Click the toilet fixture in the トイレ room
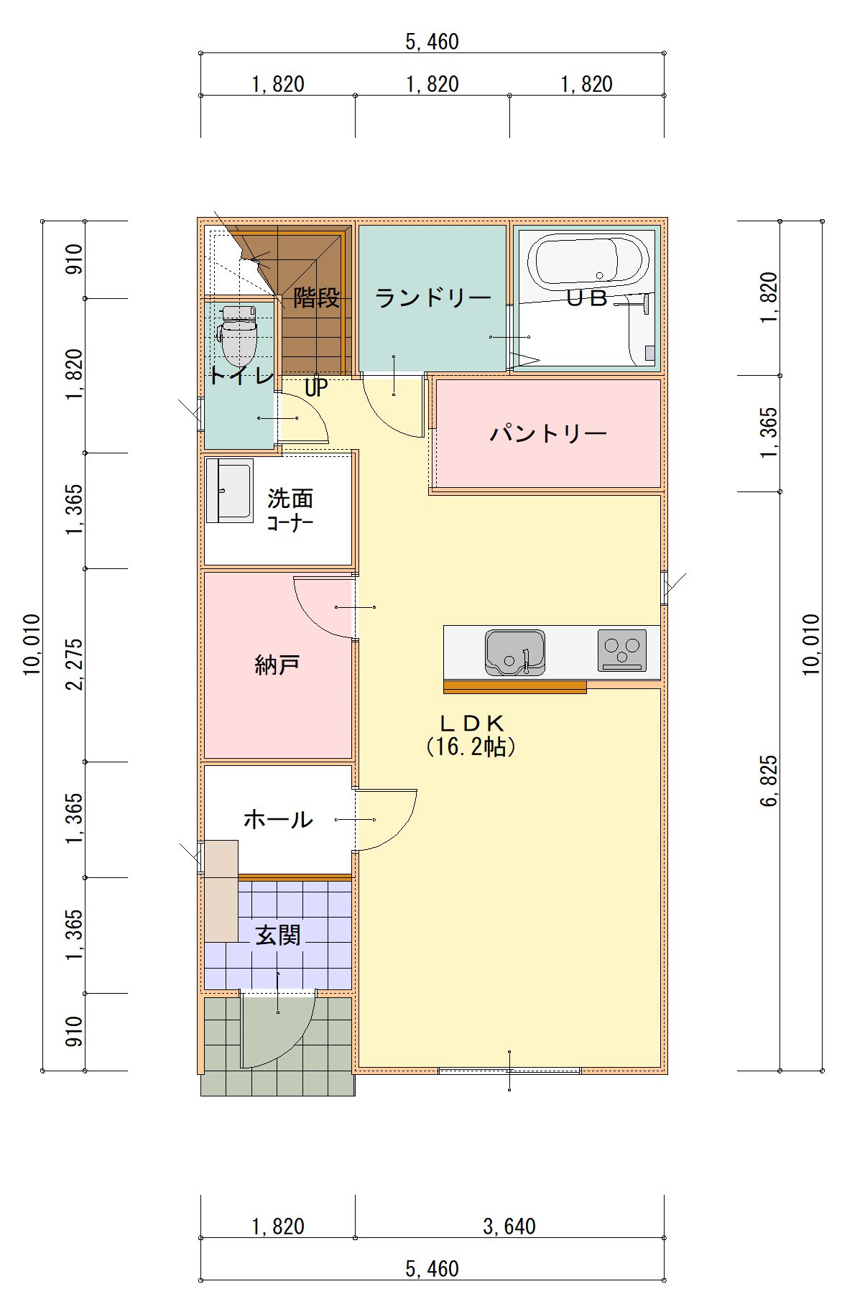[239, 336]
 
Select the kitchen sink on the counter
[514, 652]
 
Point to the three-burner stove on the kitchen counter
[621, 650]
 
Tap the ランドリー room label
[433, 297]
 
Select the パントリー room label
[548, 433]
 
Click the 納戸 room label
[277, 665]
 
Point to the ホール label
[278, 818]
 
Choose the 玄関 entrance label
[278, 935]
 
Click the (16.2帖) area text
[471, 747]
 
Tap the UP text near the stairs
[316, 388]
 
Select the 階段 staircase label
[317, 297]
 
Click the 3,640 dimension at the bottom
[509, 1226]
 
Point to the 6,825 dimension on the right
[769, 781]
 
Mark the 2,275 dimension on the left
[75, 665]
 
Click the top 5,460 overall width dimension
[432, 42]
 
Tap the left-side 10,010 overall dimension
[32, 645]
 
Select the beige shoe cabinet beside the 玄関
[221, 891]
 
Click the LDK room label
[472, 723]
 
